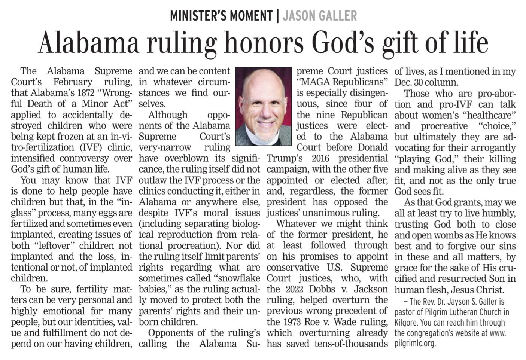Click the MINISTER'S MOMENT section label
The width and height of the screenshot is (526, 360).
pyautogui.click(x=221, y=16)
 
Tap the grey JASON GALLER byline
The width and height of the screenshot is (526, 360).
pyautogui.click(x=319, y=16)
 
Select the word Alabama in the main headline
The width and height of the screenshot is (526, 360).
pyautogui.click(x=88, y=43)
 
